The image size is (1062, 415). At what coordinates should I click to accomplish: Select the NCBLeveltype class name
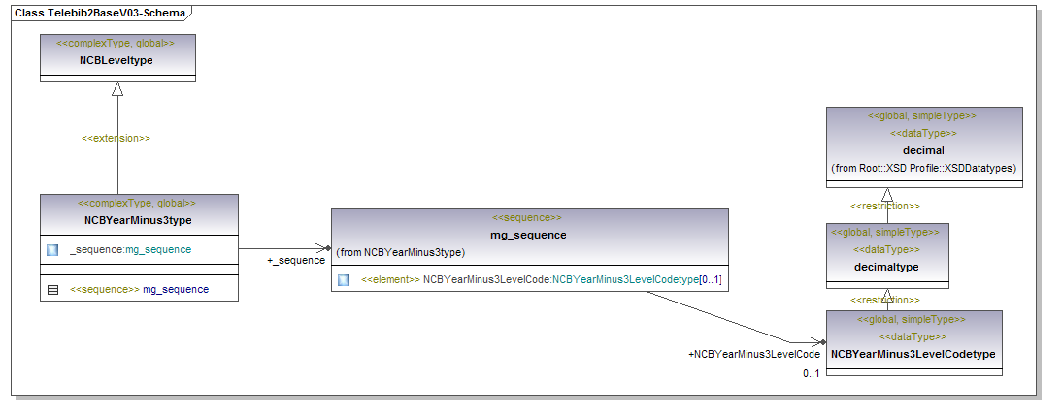pyautogui.click(x=116, y=60)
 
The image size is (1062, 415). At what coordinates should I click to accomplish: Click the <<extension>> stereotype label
pyautogui.click(x=116, y=138)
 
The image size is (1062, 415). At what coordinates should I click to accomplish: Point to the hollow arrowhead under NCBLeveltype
pyautogui.click(x=117, y=90)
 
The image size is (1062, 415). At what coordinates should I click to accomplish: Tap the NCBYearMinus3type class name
pyautogui.click(x=137, y=220)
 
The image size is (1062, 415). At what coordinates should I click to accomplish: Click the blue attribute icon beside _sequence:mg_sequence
pyautogui.click(x=52, y=249)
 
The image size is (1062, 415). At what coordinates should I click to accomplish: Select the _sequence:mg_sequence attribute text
pyautogui.click(x=130, y=249)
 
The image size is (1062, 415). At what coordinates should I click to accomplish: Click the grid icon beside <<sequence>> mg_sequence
pyautogui.click(x=52, y=289)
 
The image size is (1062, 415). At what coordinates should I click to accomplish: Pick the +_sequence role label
pyautogui.click(x=295, y=260)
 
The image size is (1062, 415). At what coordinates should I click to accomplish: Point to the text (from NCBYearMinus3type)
pyautogui.click(x=400, y=252)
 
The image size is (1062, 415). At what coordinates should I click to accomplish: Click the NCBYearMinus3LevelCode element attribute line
pyautogui.click(x=541, y=279)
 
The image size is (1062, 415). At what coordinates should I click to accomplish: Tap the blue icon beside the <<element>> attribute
pyautogui.click(x=344, y=280)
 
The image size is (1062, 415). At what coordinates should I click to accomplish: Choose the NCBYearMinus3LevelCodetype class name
pyautogui.click(x=913, y=354)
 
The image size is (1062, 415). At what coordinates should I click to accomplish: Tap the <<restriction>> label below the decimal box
pyautogui.click(x=885, y=206)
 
